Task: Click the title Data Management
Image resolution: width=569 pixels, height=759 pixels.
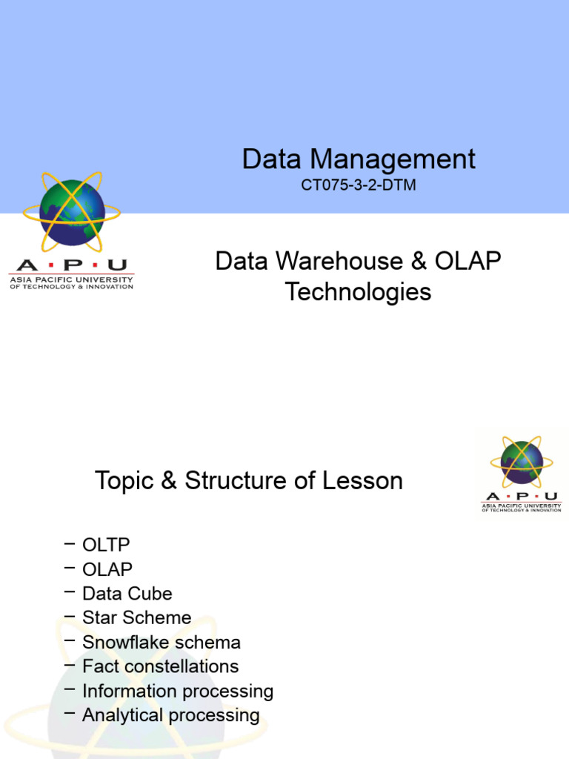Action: tap(359, 159)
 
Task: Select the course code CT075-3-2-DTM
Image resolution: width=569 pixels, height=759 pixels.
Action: tap(359, 185)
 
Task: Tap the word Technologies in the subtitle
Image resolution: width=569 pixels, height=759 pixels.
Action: tap(359, 291)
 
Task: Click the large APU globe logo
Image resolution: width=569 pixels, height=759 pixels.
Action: tap(72, 211)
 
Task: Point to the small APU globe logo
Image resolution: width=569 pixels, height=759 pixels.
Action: tap(522, 462)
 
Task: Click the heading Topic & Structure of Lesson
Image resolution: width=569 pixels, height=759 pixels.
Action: tap(249, 481)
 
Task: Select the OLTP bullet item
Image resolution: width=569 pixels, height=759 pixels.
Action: tap(106, 545)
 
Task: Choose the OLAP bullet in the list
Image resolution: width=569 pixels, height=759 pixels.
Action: tap(107, 569)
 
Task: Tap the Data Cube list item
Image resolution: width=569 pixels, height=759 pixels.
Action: tap(127, 594)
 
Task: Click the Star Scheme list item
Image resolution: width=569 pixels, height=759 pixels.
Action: tap(136, 618)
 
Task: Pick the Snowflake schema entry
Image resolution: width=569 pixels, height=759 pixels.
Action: tap(162, 643)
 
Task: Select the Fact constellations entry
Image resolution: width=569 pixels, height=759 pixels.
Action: tap(160, 666)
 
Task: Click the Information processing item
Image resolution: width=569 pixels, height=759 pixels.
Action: tap(178, 692)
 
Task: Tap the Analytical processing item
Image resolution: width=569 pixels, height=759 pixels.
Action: tap(170, 716)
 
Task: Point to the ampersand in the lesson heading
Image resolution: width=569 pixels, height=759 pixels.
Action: tap(168, 481)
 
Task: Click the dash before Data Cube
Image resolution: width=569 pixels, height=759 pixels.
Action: tap(70, 592)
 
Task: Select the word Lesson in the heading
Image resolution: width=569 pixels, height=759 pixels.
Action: tap(362, 481)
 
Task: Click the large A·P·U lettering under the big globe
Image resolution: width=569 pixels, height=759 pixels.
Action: tap(71, 265)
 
